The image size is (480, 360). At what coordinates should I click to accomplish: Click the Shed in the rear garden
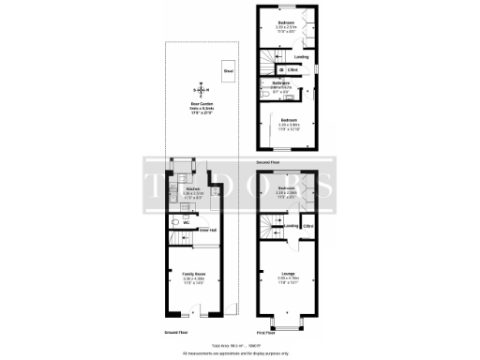(228, 70)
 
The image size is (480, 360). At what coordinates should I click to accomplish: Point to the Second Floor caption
(270, 161)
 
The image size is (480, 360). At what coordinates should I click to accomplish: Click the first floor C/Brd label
(309, 226)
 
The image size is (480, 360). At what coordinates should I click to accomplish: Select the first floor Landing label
(292, 226)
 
